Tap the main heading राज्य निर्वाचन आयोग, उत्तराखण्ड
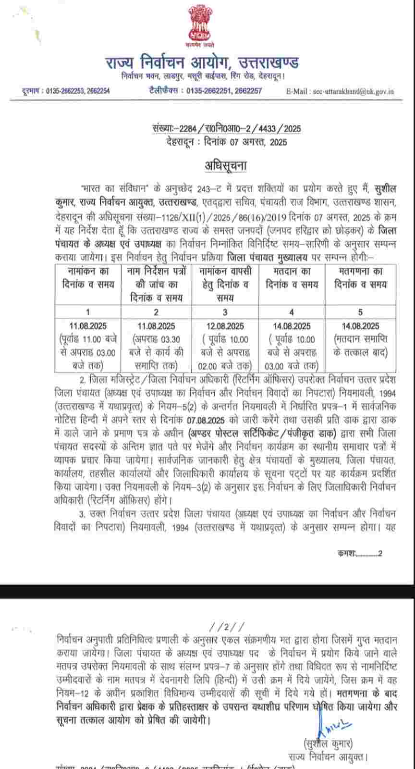202,62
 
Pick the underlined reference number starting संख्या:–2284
226,129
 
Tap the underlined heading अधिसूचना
226,166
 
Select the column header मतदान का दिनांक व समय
292,277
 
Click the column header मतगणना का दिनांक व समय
360,277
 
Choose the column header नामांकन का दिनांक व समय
88,277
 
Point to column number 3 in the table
225,312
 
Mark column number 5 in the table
360,312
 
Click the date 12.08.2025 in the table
225,326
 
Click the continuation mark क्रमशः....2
360,553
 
